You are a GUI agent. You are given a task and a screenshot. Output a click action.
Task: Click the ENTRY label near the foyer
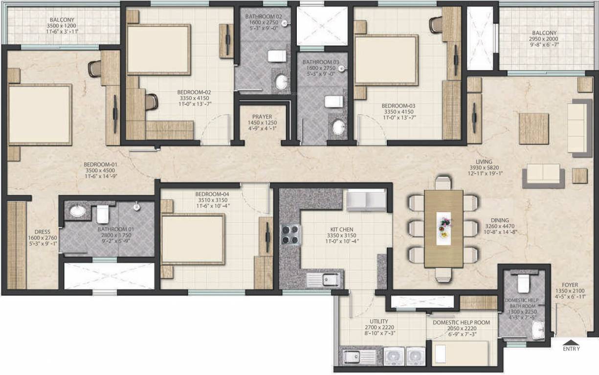571,349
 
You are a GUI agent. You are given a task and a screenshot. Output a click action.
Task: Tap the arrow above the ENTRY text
571,341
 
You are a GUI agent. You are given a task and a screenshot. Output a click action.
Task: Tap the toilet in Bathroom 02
277,56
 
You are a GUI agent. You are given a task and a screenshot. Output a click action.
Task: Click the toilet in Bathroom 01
103,213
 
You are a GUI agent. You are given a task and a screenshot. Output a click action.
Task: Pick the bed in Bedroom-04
193,239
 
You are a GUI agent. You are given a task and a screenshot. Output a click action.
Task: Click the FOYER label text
570,285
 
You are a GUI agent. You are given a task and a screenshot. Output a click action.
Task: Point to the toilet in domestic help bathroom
523,282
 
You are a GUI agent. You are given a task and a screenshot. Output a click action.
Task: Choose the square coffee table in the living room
533,128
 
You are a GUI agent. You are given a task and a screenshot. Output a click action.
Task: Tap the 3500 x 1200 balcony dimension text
61,26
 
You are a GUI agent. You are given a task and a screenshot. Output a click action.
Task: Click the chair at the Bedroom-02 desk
152,102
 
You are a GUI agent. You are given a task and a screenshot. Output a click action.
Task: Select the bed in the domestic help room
460,353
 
